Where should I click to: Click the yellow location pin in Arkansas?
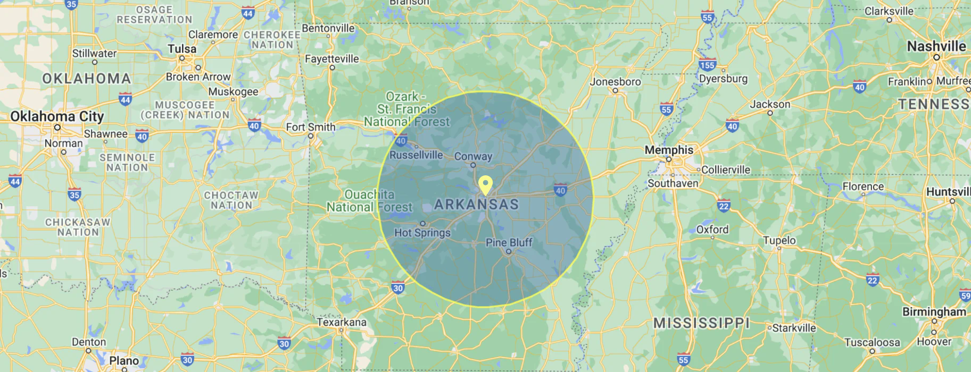pyautogui.click(x=485, y=185)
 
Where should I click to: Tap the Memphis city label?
pyautogui.click(x=669, y=150)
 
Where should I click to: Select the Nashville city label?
pyautogui.click(x=936, y=46)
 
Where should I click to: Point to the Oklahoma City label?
pyautogui.click(x=57, y=116)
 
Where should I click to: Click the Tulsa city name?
pyautogui.click(x=182, y=49)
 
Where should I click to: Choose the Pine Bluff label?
pyautogui.click(x=509, y=242)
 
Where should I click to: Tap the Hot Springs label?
pyautogui.click(x=422, y=232)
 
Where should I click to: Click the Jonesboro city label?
pyautogui.click(x=615, y=82)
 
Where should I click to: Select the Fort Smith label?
pyautogui.click(x=311, y=127)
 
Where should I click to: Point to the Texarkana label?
pyautogui.click(x=342, y=322)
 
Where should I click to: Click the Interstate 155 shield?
pyautogui.click(x=707, y=65)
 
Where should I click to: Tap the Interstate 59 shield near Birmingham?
pyautogui.click(x=965, y=295)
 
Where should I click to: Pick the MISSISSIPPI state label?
pyautogui.click(x=701, y=323)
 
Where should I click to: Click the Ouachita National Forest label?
pyautogui.click(x=370, y=201)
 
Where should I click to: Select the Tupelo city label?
pyautogui.click(x=779, y=240)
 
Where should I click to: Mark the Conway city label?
pyautogui.click(x=473, y=156)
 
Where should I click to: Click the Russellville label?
pyautogui.click(x=416, y=155)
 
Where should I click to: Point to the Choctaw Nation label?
pyautogui.click(x=231, y=200)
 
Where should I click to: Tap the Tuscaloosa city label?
pyautogui.click(x=872, y=342)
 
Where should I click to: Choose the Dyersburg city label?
pyautogui.click(x=723, y=79)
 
